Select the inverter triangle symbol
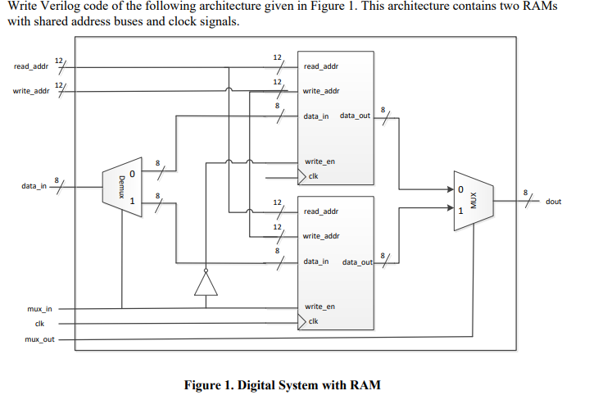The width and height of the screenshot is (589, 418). [x=206, y=283]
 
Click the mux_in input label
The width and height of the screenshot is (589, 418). [x=39, y=309]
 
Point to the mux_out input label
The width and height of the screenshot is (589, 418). [x=39, y=338]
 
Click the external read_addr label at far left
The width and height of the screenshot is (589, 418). [x=32, y=66]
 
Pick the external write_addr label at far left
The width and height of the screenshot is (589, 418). [x=32, y=91]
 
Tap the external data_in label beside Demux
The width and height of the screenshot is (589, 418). [x=34, y=187]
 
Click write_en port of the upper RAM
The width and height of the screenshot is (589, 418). [x=319, y=161]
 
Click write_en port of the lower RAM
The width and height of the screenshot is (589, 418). [x=319, y=307]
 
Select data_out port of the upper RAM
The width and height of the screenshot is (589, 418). [x=355, y=116]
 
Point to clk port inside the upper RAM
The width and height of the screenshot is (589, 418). [x=313, y=176]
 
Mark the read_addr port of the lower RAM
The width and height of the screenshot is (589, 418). [x=321, y=211]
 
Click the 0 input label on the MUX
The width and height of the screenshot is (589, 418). [x=460, y=190]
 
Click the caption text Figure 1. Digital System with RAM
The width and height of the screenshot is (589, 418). [x=283, y=385]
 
